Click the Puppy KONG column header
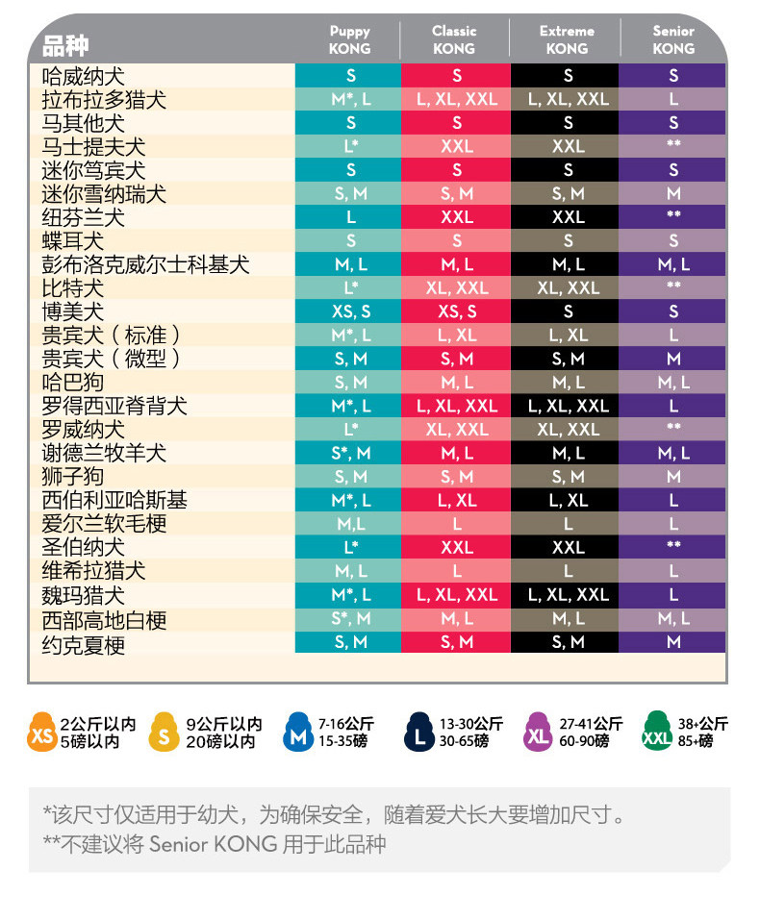pos(349,40)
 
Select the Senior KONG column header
pos(673,40)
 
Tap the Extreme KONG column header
pos(567,40)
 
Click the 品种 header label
pos(65,46)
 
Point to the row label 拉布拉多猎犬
pos(104,100)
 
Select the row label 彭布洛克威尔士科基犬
pos(145,264)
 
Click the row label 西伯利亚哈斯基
pos(114,501)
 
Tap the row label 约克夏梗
pos(84,645)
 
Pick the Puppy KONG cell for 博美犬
pos(350,311)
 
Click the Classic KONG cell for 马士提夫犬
pos(457,146)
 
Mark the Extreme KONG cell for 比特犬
pos(568,288)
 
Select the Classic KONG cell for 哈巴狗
pos(457,383)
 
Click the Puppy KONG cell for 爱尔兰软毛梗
pos(350,524)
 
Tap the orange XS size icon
pos(41,732)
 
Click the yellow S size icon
pos(164,732)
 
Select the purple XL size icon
pos(538,732)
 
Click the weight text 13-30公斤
pos(470,724)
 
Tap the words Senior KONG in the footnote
pos(213,844)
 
